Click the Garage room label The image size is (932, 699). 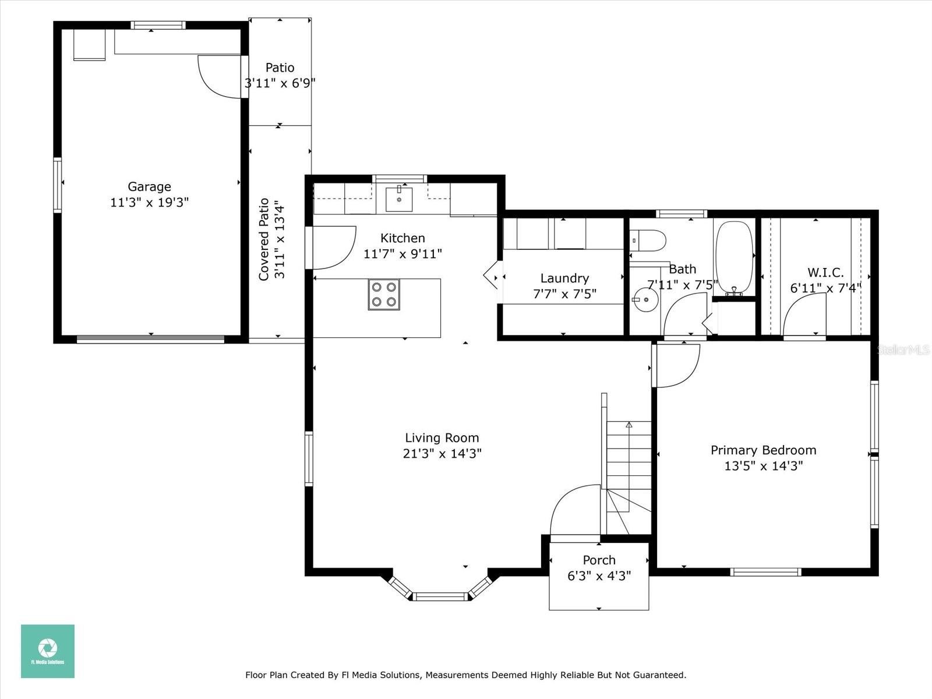[x=150, y=187]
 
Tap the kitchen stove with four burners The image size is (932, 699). [x=384, y=294]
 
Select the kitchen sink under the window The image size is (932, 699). [x=398, y=199]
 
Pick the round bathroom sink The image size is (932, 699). [x=645, y=299]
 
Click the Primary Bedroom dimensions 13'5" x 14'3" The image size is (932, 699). [x=764, y=466]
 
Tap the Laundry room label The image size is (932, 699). [x=564, y=278]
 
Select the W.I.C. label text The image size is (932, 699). [x=825, y=272]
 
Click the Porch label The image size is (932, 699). [x=599, y=560]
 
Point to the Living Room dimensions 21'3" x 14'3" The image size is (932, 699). [x=442, y=454]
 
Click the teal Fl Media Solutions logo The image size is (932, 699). [x=48, y=651]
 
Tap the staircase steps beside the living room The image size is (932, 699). [x=629, y=478]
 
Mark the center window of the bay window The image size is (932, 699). [x=440, y=596]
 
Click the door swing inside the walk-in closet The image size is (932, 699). [x=804, y=315]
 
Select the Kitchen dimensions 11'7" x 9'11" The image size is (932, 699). [x=403, y=254]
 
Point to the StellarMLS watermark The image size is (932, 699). [x=903, y=349]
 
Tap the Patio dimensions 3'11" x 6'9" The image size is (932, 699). [x=280, y=83]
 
